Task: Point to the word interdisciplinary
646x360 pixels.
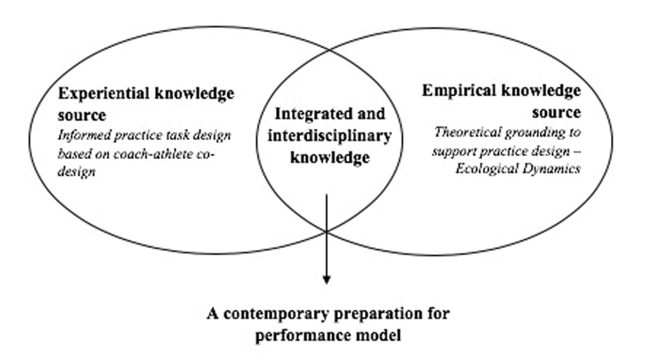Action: [329, 136]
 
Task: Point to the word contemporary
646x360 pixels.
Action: [276, 314]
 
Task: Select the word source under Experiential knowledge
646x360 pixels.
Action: [82, 115]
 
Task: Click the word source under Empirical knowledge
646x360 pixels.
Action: [556, 112]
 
